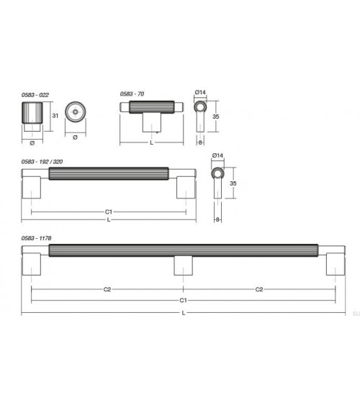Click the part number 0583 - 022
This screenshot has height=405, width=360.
point(35,95)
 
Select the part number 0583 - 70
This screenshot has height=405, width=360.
point(132,94)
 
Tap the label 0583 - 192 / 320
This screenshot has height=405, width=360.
point(42,162)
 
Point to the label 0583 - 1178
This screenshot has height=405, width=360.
point(37,238)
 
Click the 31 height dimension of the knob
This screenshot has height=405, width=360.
point(55,116)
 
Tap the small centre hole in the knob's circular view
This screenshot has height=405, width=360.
point(75,112)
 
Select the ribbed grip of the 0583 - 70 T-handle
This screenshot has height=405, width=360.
point(151,107)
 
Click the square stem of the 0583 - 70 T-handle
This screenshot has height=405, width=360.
point(152,123)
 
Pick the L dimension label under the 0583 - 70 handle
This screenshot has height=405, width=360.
point(152,142)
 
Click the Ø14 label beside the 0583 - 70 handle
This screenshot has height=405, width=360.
point(200,92)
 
